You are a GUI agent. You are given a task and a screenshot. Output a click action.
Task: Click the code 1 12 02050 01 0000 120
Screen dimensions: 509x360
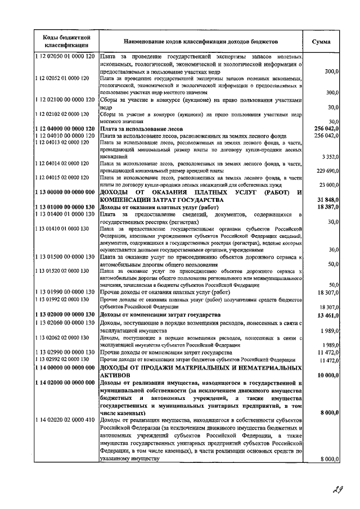(65, 57)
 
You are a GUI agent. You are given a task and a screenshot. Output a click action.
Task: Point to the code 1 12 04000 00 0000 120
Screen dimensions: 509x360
(65, 129)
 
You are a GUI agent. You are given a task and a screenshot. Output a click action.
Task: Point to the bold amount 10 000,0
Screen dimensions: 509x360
(326, 375)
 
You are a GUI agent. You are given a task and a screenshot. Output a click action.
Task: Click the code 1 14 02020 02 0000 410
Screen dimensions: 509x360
(65, 420)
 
